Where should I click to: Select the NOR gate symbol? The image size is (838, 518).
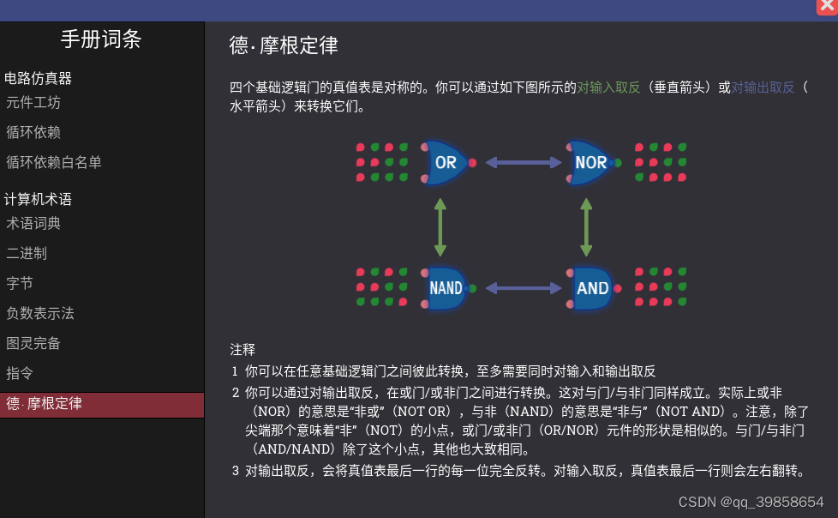pos(591,162)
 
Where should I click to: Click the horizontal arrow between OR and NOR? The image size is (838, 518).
pos(522,161)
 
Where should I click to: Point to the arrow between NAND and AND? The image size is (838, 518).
pos(522,288)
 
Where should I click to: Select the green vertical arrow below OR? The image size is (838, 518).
pos(440,227)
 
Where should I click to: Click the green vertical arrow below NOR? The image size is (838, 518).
pos(586,227)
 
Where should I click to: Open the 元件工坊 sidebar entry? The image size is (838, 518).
pos(33,103)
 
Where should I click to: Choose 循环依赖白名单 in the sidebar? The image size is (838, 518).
pos(54,162)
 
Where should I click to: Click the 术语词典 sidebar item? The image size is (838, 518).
pos(33,224)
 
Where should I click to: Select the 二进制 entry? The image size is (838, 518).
pos(27,253)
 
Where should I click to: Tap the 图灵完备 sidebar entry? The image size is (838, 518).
pos(33,343)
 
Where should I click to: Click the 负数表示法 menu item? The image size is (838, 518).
pos(40,313)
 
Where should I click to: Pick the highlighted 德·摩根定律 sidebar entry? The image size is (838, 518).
pos(45,404)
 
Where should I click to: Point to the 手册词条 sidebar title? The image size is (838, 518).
pos(101,39)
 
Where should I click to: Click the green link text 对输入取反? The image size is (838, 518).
pos(608,87)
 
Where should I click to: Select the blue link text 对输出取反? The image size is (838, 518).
pos(763,87)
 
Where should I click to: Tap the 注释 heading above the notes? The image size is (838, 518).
pos(242,349)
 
